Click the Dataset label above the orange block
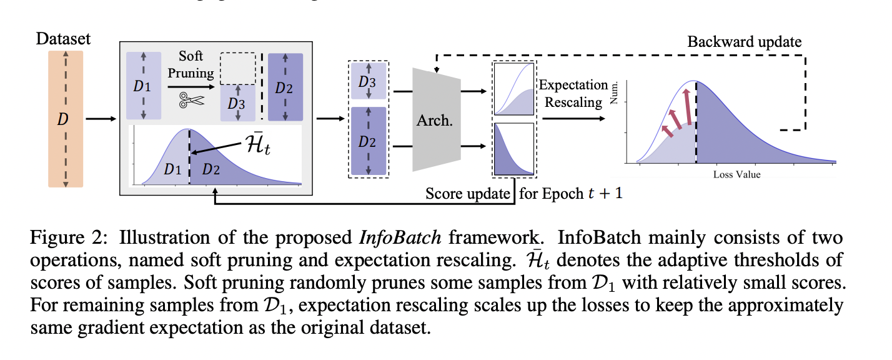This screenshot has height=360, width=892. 63,39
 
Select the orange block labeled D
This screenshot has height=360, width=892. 64,119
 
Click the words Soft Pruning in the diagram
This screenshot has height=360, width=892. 190,64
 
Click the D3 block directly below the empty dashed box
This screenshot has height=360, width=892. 237,104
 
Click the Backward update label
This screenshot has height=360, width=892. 745,42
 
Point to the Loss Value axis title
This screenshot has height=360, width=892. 737,174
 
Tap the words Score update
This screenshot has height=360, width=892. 468,193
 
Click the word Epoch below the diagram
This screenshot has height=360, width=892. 563,193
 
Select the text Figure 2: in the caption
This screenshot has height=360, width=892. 69,238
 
